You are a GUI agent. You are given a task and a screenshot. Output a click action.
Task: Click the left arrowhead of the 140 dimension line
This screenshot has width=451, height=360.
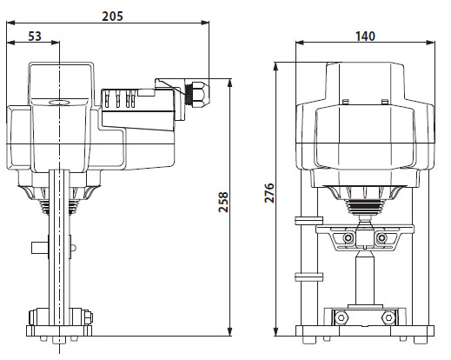(x=298, y=43)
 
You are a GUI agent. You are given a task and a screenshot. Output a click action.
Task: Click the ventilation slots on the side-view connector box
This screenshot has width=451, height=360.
(x=122, y=100)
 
